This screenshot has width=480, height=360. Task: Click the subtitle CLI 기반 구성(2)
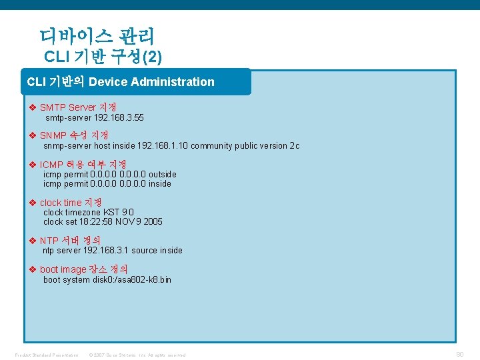pos(103,57)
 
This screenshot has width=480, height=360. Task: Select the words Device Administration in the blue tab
pos(151,82)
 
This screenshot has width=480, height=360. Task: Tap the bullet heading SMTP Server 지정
pos(77,107)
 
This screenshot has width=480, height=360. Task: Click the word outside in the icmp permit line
pos(163,174)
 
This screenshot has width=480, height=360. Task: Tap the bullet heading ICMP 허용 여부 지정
pos(83,164)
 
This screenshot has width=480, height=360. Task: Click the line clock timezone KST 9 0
pos(89,212)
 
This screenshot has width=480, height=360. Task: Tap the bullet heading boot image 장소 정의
pos(83,269)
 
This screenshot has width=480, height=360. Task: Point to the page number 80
pos(459,355)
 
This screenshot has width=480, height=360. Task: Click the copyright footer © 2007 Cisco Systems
pos(137,355)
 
